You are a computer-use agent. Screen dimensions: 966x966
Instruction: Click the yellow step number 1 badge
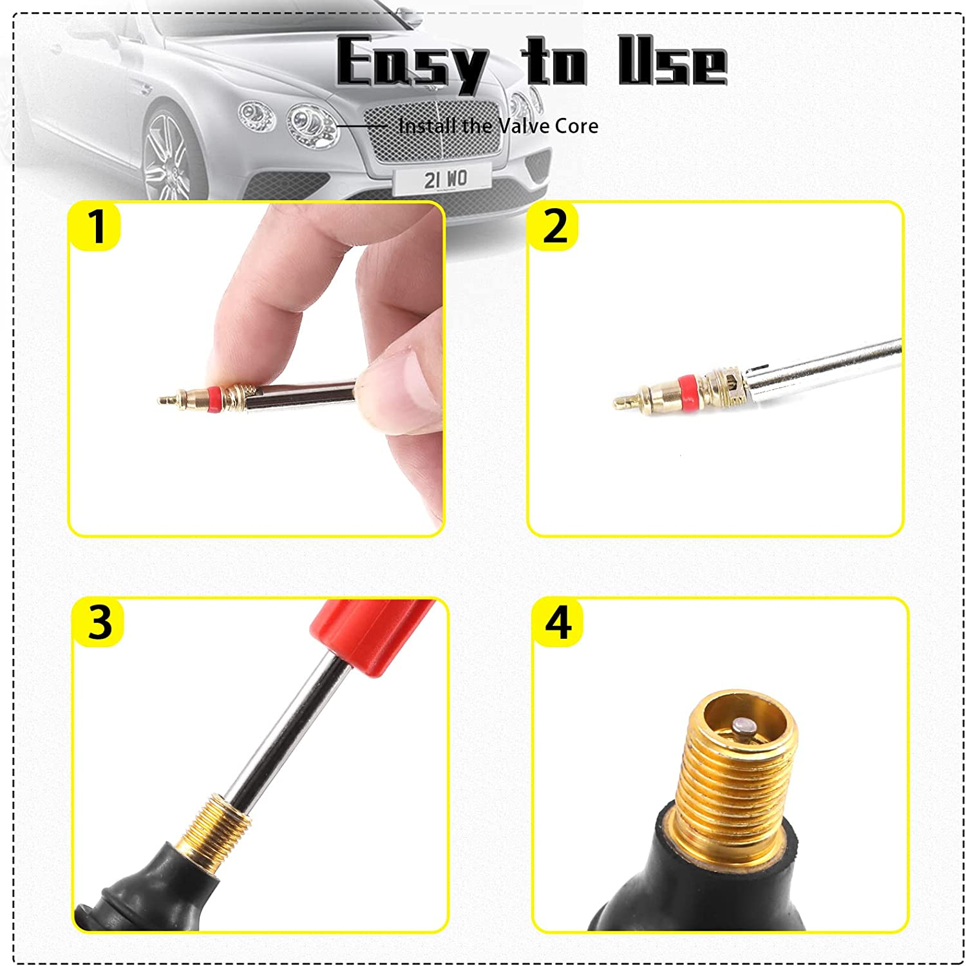pos(95,226)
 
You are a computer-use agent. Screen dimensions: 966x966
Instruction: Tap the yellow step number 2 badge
pos(554,226)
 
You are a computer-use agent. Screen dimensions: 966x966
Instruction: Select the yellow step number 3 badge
pos(99,622)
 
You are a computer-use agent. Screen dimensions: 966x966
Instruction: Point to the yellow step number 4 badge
pos(558,622)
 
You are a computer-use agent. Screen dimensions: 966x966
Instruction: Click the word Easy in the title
pos(412,63)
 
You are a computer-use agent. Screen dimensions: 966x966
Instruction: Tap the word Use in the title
pos(672,62)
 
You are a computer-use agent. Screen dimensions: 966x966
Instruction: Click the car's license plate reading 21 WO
pos(444,179)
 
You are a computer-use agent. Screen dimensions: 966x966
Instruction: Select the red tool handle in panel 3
pos(374,634)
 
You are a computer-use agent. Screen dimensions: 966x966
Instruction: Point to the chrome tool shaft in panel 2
pos(831,367)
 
